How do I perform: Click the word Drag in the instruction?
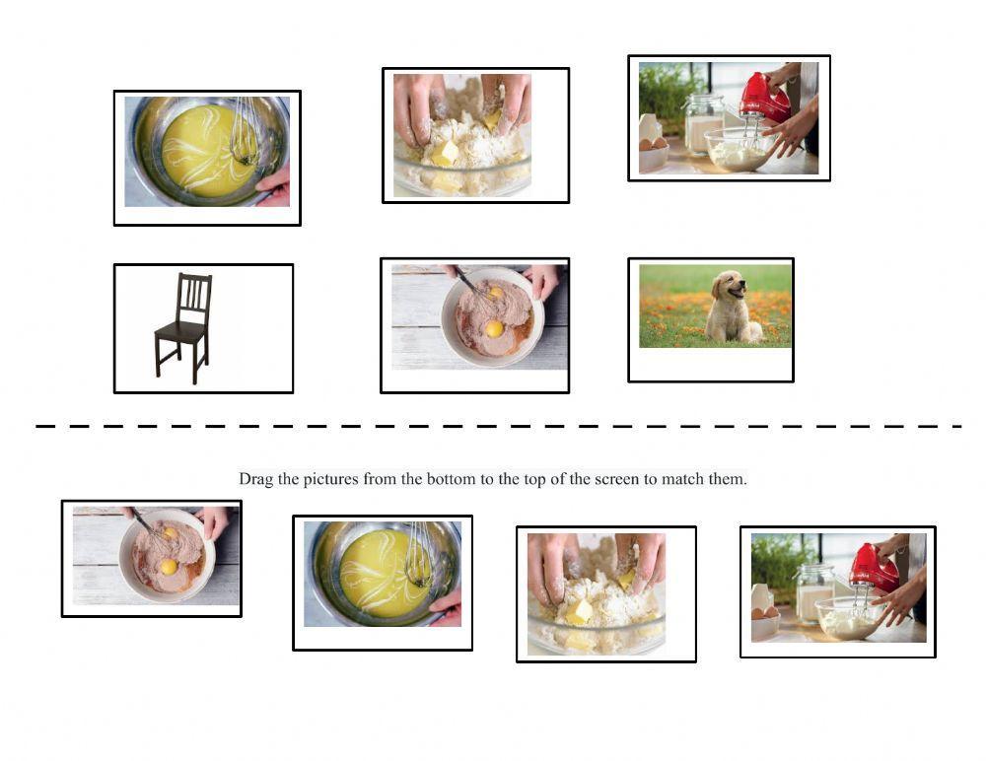[x=255, y=479]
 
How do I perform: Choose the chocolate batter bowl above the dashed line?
[x=491, y=315]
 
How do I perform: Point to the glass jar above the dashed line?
[x=703, y=123]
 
